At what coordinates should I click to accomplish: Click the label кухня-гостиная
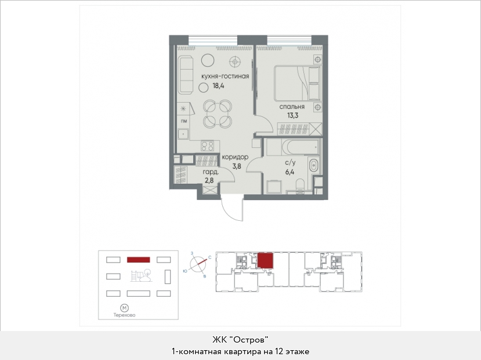[x=225, y=77]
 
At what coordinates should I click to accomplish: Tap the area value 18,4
[x=218, y=86]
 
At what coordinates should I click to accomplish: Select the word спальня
[x=292, y=107]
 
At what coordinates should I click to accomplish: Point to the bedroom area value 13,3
[x=292, y=115]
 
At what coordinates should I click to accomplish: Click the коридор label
[x=235, y=157]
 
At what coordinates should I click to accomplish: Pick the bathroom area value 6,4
[x=290, y=172]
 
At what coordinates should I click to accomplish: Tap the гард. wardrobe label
[x=211, y=172]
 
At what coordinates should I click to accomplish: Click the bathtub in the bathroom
[x=292, y=147]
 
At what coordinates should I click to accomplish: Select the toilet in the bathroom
[x=299, y=187]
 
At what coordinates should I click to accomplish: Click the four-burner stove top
[x=207, y=146]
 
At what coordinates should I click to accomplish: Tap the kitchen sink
[x=183, y=134]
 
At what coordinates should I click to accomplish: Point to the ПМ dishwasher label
[x=184, y=121]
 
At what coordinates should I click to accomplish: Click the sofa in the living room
[x=186, y=75]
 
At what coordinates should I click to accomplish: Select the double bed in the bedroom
[x=298, y=83]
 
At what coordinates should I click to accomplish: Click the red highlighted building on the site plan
[x=138, y=260]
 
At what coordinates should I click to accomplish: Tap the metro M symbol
[x=124, y=308]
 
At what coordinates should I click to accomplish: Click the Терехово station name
[x=124, y=315]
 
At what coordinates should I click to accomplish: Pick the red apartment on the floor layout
[x=265, y=260]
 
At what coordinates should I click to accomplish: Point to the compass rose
[x=198, y=263]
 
